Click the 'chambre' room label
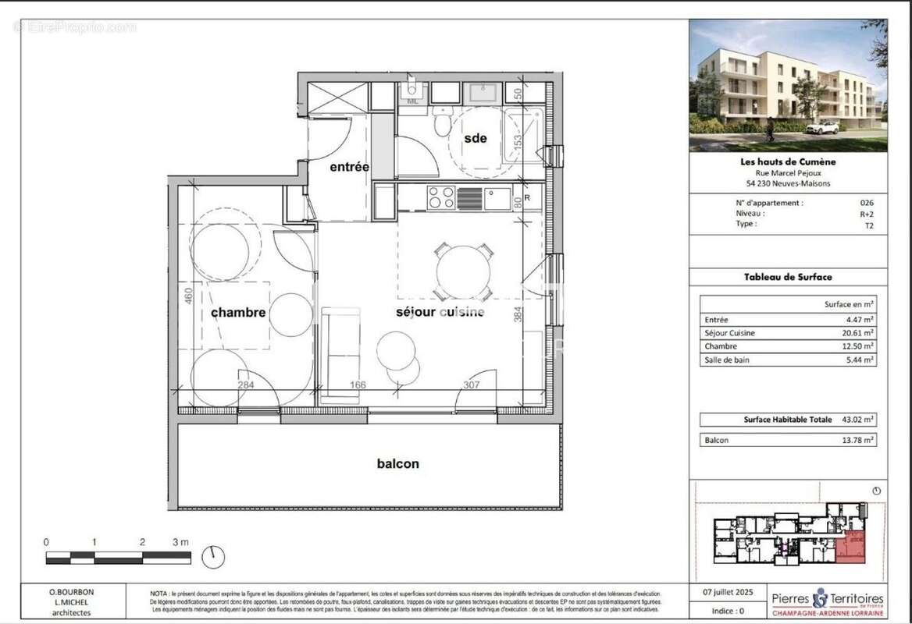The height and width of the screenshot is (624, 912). [x=238, y=312]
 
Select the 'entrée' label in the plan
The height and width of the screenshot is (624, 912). [x=349, y=167]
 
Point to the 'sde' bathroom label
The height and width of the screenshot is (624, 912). [x=475, y=138]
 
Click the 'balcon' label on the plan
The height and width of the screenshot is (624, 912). [x=397, y=463]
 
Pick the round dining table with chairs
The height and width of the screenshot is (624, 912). [x=464, y=270]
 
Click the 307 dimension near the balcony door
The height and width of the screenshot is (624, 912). [x=472, y=385]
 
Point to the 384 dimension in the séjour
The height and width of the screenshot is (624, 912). [x=516, y=314]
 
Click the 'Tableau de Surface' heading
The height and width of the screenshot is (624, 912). [x=787, y=277]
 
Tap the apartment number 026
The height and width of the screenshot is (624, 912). [x=867, y=203]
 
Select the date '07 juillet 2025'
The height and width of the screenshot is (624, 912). [x=725, y=593]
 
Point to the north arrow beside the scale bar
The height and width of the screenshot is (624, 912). [x=212, y=557]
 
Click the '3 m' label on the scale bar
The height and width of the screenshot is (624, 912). [x=181, y=541]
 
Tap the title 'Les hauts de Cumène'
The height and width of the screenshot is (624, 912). [x=787, y=162]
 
